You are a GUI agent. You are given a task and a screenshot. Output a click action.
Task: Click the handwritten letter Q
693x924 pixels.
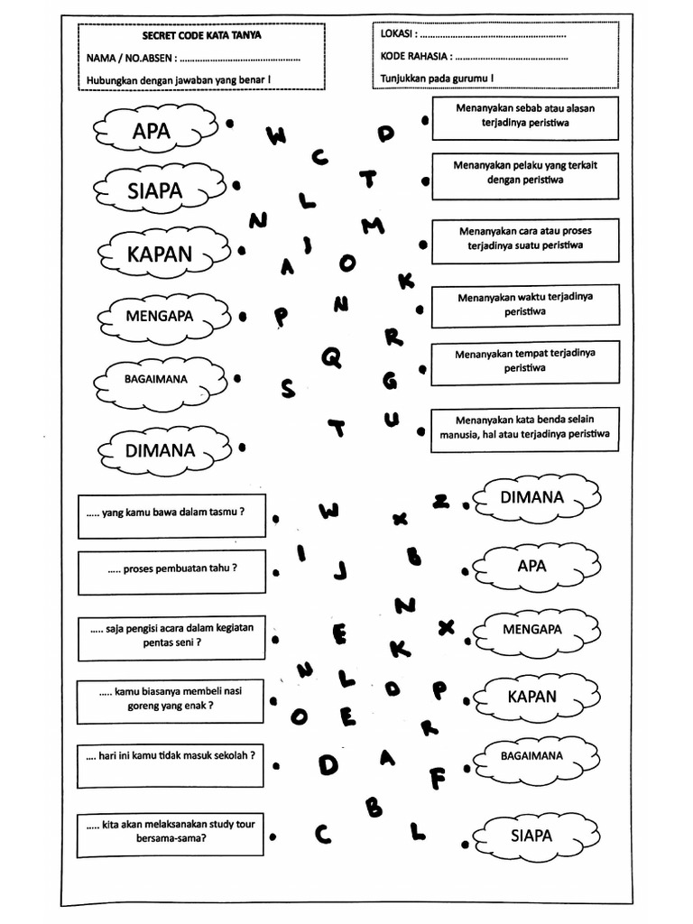[x=332, y=358]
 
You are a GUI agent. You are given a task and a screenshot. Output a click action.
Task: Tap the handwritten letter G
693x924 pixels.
[x=390, y=381]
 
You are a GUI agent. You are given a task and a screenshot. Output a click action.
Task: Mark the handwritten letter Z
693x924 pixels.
[x=441, y=502]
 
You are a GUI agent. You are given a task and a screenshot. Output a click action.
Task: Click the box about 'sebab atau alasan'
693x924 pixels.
[x=524, y=119]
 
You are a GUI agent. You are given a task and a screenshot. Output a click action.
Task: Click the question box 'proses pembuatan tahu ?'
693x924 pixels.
[x=171, y=571]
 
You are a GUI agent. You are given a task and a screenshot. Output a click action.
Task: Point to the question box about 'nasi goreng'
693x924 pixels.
[x=171, y=700]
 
